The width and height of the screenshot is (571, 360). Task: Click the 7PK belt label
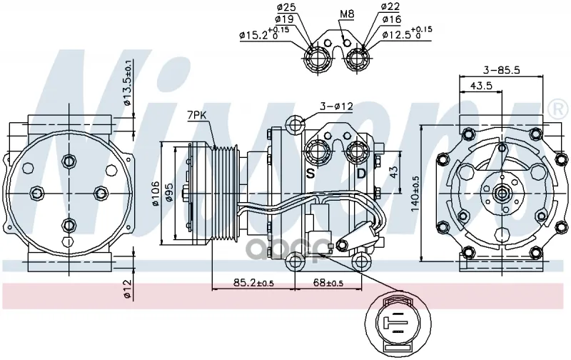(x=197, y=114)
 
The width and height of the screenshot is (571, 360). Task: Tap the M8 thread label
(x=347, y=14)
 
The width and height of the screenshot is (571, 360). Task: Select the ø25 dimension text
(x=285, y=8)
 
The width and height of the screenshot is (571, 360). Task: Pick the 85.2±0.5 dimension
(x=254, y=283)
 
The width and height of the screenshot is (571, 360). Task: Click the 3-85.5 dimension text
(x=500, y=71)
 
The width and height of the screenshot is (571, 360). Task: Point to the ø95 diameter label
(x=171, y=193)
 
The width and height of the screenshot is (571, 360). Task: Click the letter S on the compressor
(x=310, y=174)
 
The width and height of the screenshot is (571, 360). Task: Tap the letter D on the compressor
(x=361, y=174)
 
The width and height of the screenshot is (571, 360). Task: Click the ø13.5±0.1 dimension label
(x=128, y=84)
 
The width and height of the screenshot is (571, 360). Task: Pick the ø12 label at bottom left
(x=128, y=289)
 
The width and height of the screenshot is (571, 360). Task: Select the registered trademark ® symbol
(x=555, y=110)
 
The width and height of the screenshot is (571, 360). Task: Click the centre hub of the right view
(x=500, y=191)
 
